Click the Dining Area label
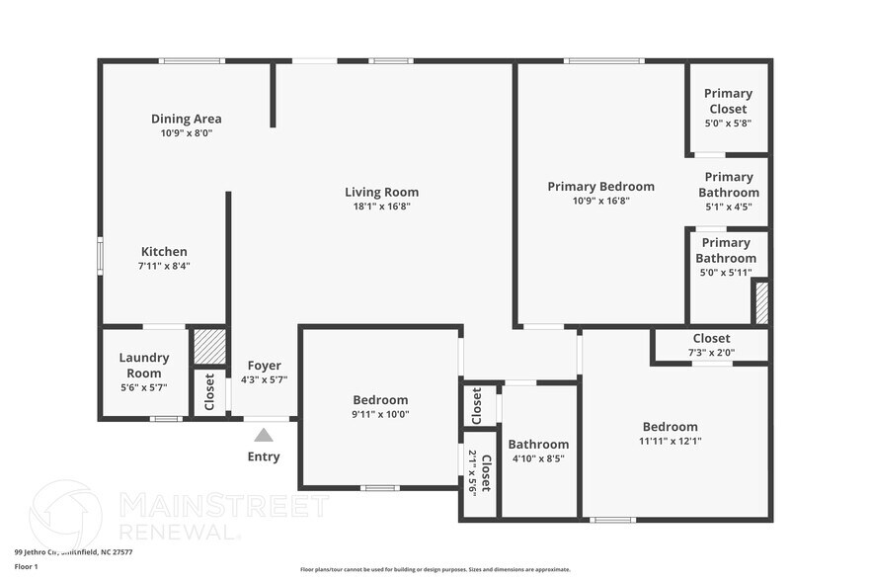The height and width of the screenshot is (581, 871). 186,119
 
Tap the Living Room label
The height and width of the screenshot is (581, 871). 381,192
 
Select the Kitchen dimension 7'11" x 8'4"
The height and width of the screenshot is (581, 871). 163,266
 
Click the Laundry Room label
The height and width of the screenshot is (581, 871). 144,365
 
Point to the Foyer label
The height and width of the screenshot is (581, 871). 264,365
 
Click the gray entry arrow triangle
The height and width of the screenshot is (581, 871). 264,435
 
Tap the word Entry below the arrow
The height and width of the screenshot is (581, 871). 264,456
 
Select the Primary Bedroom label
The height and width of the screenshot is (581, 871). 600,186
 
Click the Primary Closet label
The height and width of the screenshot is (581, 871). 728,101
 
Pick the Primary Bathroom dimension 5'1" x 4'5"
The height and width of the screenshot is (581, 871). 729,207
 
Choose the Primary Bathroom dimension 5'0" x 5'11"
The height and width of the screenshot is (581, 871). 726,272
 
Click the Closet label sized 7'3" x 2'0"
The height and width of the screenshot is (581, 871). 711,338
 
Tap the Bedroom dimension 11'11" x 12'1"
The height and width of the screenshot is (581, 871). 670,442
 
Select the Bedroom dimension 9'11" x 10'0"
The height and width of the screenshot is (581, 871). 380,414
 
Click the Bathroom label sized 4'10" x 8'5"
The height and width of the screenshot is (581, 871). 538,445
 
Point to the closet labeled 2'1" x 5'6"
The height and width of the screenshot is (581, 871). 479,472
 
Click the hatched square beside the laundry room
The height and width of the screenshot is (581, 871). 209,347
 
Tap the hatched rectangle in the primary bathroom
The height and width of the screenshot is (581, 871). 761,302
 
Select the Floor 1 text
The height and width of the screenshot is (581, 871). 26,566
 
